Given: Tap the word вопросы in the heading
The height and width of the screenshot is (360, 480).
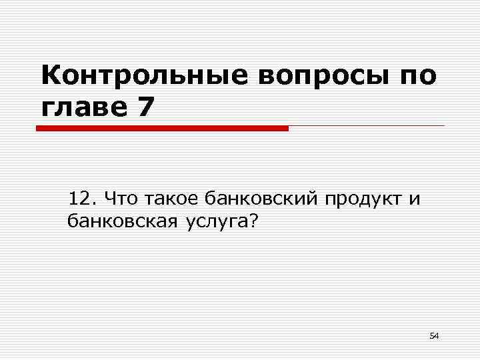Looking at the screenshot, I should pos(320,76).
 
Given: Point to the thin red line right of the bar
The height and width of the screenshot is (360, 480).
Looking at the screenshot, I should pos(367,126).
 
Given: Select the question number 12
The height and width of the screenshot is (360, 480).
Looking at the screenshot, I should pos(82,198).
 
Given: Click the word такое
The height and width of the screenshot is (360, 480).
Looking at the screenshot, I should pos(171,199).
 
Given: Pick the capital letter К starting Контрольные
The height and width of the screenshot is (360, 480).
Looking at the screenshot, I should pos(50,76).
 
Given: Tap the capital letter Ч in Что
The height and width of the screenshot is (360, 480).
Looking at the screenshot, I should pos(110,198).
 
